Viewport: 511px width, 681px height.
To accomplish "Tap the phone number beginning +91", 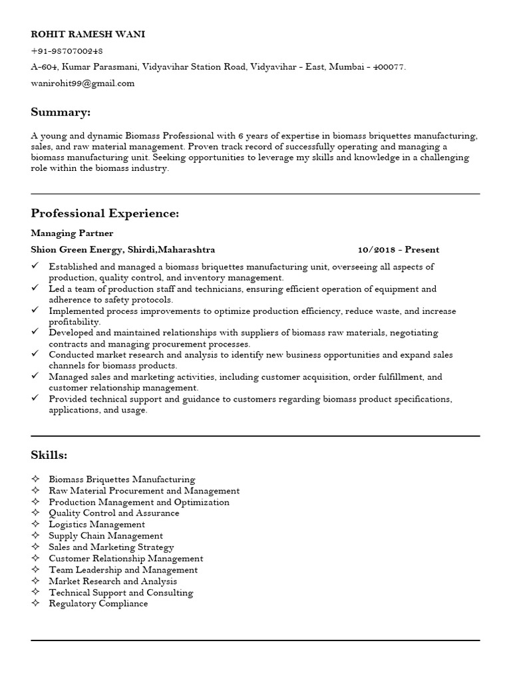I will click(x=67, y=51).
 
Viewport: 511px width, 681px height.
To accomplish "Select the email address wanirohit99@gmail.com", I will click(x=83, y=83).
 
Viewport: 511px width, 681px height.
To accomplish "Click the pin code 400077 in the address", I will click(x=389, y=67).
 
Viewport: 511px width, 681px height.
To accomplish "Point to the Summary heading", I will click(x=61, y=111).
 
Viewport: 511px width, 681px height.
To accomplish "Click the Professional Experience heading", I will click(x=104, y=213).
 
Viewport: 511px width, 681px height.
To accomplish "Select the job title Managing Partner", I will click(x=72, y=233).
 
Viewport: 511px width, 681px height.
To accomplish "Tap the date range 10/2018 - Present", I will click(x=398, y=250).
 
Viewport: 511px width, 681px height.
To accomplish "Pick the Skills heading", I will click(x=49, y=455).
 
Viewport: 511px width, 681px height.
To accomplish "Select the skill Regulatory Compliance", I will click(x=98, y=604).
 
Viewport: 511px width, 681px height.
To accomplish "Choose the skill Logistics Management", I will click(x=96, y=524).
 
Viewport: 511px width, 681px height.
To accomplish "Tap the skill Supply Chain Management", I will click(x=106, y=535).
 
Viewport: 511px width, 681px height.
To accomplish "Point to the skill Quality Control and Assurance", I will click(x=114, y=513).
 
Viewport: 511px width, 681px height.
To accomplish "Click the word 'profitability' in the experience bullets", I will click(x=75, y=321).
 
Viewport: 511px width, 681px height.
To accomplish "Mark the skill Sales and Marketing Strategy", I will click(x=111, y=547).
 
